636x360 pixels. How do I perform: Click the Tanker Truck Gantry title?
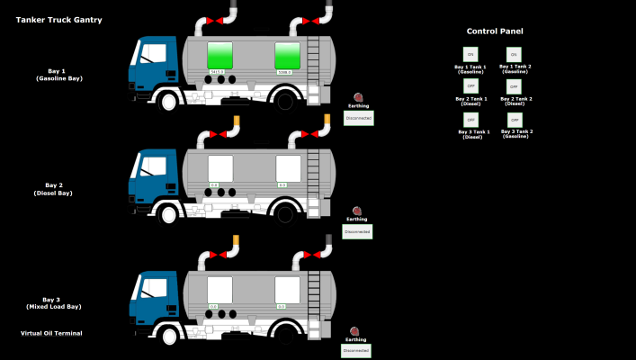pos(58,20)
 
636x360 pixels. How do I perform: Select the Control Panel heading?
pos(495,31)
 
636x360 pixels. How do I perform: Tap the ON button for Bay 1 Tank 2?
pos(514,55)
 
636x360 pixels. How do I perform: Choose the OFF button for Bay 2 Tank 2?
pos(514,86)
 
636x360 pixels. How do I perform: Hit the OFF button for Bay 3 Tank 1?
pos(470,119)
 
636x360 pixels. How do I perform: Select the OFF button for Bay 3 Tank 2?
pos(514,119)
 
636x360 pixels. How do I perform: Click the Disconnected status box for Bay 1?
pos(358,118)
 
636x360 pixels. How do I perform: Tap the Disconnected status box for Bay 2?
pos(357,231)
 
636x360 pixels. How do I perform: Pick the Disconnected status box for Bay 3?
pos(356,351)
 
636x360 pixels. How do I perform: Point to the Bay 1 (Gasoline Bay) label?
pos(58,75)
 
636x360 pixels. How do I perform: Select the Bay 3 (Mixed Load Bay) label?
pos(52,303)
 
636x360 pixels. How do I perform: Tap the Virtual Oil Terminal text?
pos(51,333)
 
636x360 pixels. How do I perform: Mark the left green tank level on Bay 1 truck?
pos(220,54)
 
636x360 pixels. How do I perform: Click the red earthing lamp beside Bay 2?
pos(356,211)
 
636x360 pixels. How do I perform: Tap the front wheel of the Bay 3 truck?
pos(168,334)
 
